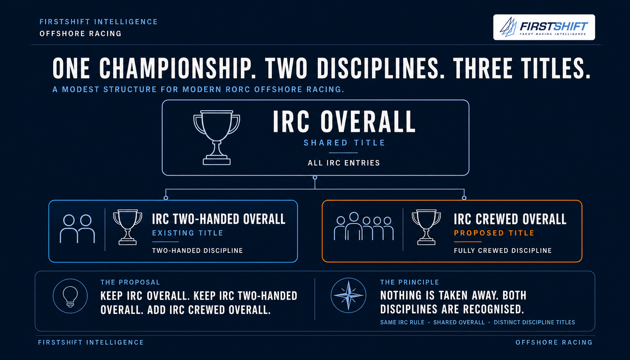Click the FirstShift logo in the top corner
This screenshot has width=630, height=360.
(544, 27)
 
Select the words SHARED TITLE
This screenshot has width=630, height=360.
(344, 143)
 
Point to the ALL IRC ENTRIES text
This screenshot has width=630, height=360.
(344, 163)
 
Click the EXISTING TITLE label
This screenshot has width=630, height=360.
(188, 233)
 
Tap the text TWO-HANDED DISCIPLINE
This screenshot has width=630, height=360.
(197, 251)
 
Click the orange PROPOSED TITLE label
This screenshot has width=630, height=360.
(494, 233)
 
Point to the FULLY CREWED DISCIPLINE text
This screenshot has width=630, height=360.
(503, 251)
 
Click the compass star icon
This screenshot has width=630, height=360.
(349, 295)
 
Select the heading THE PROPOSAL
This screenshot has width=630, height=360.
(130, 283)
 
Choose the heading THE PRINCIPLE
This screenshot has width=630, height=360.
(409, 283)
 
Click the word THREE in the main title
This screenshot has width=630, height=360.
(483, 68)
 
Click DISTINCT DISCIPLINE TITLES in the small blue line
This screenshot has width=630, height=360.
(534, 322)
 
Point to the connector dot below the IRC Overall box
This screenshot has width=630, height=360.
(315, 178)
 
